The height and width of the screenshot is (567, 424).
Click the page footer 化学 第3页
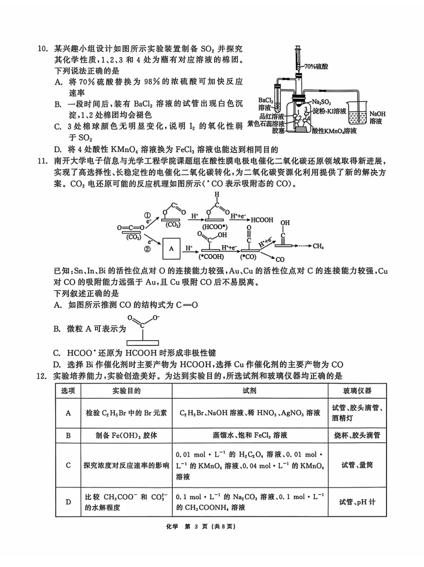[x=212, y=526]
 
